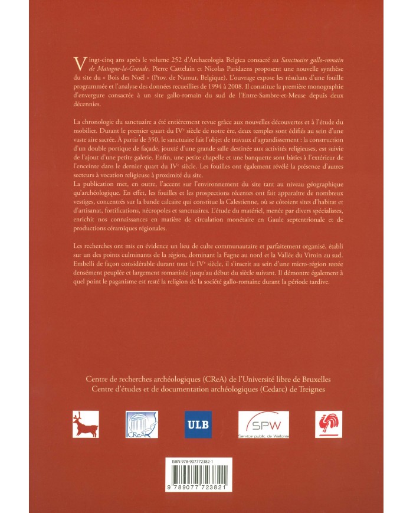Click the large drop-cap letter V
(x=77, y=62)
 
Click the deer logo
(x=83, y=424)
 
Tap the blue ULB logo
(x=198, y=424)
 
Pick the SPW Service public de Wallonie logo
(x=260, y=424)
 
